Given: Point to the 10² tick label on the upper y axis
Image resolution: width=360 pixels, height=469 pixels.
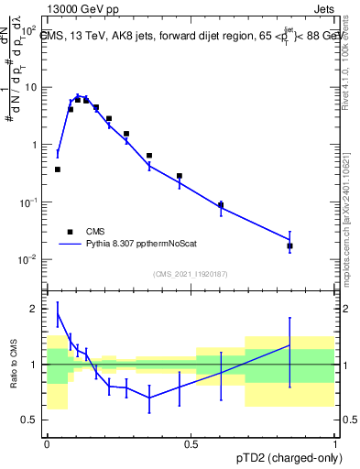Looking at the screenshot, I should [28, 30].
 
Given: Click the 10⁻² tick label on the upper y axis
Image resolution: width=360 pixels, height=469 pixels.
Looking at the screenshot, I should [28, 259].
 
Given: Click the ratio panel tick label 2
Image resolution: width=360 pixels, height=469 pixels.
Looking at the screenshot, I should [35, 309].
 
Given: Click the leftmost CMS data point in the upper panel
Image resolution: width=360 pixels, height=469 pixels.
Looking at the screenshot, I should [58, 169].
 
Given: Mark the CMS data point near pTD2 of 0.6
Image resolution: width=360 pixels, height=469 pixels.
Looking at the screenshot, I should [221, 205].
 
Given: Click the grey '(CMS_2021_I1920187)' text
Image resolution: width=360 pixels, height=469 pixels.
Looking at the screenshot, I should [191, 274].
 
